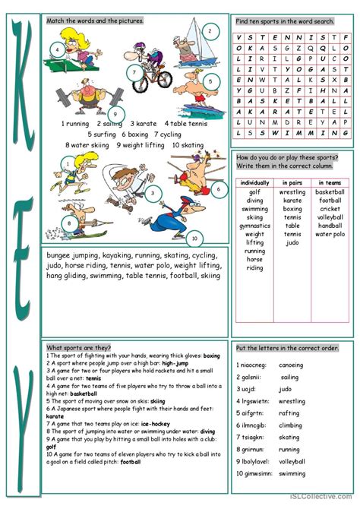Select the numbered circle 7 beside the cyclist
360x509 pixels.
tap(133, 74)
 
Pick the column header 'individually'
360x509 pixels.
tap(254, 183)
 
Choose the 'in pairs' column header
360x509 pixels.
tap(292, 183)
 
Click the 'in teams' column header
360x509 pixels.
tap(330, 183)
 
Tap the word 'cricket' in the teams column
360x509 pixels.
tap(330, 208)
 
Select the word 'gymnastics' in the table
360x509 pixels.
tap(254, 226)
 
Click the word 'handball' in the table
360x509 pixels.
tap(330, 226)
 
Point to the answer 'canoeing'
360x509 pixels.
tap(292, 365)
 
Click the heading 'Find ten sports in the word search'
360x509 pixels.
tap(285, 21)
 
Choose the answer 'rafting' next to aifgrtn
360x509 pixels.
tap(289, 413)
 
